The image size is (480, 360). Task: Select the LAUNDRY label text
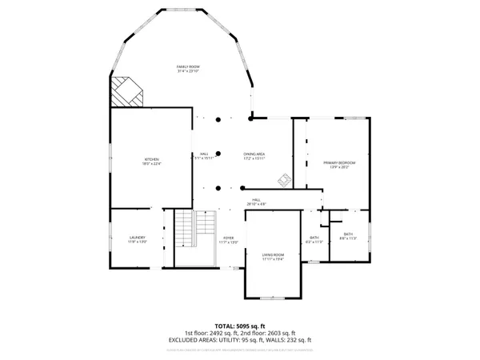(137, 238)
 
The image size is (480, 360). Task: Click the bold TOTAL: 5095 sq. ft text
(240, 326)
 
